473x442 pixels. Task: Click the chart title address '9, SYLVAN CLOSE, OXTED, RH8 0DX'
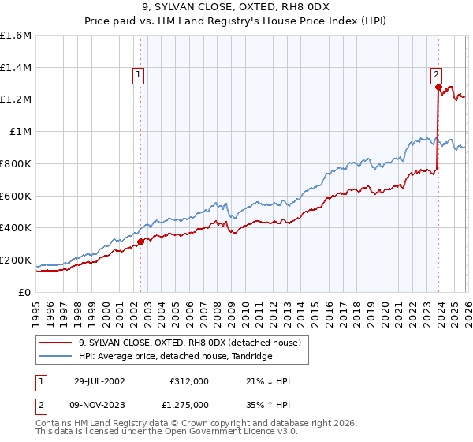pos(236,9)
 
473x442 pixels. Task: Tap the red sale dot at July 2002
pos(141,242)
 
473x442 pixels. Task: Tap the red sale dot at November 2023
pos(438,88)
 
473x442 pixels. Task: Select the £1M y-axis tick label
pos(21,132)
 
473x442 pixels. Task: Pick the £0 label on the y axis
pos(25,292)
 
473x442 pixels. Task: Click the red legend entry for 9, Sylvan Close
pos(189,343)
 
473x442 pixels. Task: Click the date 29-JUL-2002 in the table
pos(102,381)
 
